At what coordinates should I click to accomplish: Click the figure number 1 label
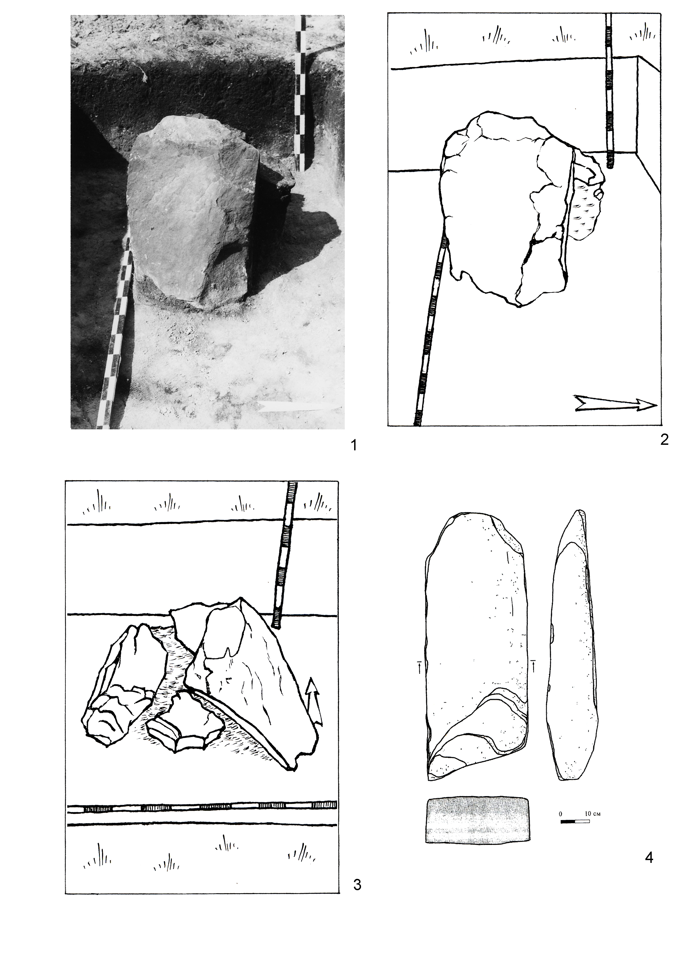pyautogui.click(x=354, y=445)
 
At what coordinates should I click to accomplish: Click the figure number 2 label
pyautogui.click(x=664, y=440)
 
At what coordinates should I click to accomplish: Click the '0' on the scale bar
pyautogui.click(x=561, y=813)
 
